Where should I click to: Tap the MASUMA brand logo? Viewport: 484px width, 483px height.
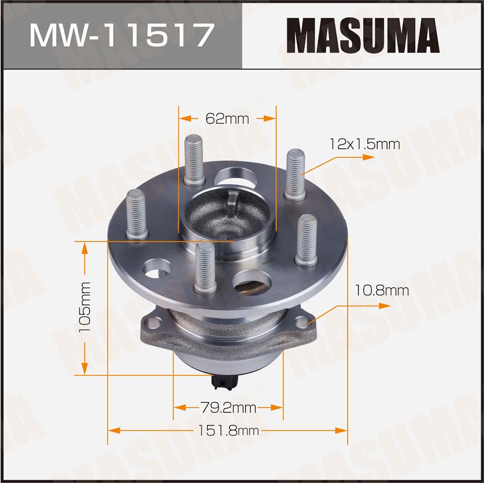coord(363,35)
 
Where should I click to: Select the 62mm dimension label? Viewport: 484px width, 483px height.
coord(227,118)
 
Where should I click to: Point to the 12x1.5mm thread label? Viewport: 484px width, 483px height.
coord(365,144)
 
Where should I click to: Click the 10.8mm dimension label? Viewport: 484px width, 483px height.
coord(382,290)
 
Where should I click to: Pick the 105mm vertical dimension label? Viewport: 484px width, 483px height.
coord(85,307)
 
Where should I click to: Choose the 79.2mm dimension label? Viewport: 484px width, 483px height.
coord(228,408)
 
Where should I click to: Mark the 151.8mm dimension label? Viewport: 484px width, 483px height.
coord(228,430)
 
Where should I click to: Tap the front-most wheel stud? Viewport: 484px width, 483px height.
coord(205,268)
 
